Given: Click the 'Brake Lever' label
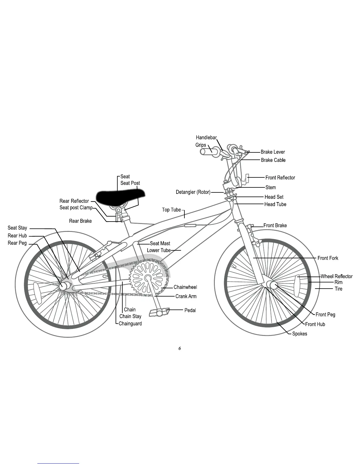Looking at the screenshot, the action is point(273,152).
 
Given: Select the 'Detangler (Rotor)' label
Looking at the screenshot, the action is point(193,192).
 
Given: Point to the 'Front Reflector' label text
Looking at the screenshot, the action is point(280,178).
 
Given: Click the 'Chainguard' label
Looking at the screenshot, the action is point(130,324).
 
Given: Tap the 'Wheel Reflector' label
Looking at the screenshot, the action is point(336,276).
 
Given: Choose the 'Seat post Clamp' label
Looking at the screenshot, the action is point(76,208).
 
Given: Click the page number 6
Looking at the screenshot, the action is point(179,348).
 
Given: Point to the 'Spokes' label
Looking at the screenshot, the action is point(299,334).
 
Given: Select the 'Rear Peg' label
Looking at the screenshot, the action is point(17,243).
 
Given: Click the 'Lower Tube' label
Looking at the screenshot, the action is point(159,250).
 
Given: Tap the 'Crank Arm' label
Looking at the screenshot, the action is point(186,296).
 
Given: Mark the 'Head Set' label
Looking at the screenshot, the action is point(274,197).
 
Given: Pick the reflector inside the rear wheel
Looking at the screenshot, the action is point(38,293).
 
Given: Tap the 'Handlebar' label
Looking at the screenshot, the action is point(206,137).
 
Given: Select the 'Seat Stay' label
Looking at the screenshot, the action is point(17,228).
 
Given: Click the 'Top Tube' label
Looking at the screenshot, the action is point(171,210).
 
